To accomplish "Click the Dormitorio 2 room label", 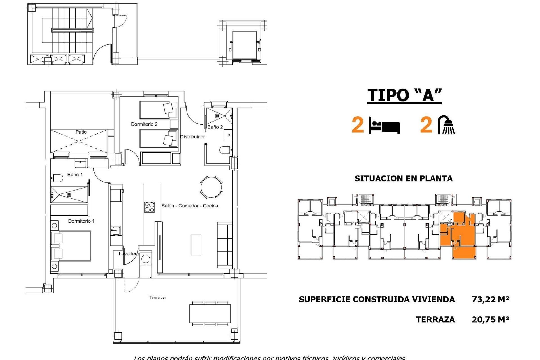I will (144, 124).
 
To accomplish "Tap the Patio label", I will (81, 132).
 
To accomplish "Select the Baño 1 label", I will (75, 175).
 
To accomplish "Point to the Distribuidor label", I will (192, 137).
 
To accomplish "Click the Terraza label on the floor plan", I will (157, 298).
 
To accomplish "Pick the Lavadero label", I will (129, 254).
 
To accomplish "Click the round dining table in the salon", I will (211, 187).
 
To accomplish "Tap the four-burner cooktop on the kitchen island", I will (149, 207).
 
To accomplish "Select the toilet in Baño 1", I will (57, 178).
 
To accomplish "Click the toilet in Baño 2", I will (225, 150).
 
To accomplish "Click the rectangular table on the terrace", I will (210, 314).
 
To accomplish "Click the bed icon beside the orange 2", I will (384, 126).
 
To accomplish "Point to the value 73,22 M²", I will (490, 299).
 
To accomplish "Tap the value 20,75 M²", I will (490, 319).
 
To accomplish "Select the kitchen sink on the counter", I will (116, 231).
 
